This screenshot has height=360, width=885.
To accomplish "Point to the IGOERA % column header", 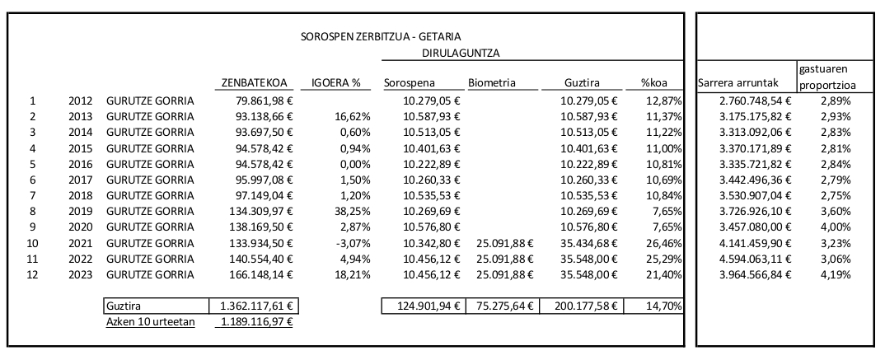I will [x=337, y=82].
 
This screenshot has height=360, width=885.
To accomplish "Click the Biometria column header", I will [x=492, y=82].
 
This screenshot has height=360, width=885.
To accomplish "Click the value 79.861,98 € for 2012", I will [x=259, y=101].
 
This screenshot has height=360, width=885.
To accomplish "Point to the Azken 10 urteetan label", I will [x=151, y=321].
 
